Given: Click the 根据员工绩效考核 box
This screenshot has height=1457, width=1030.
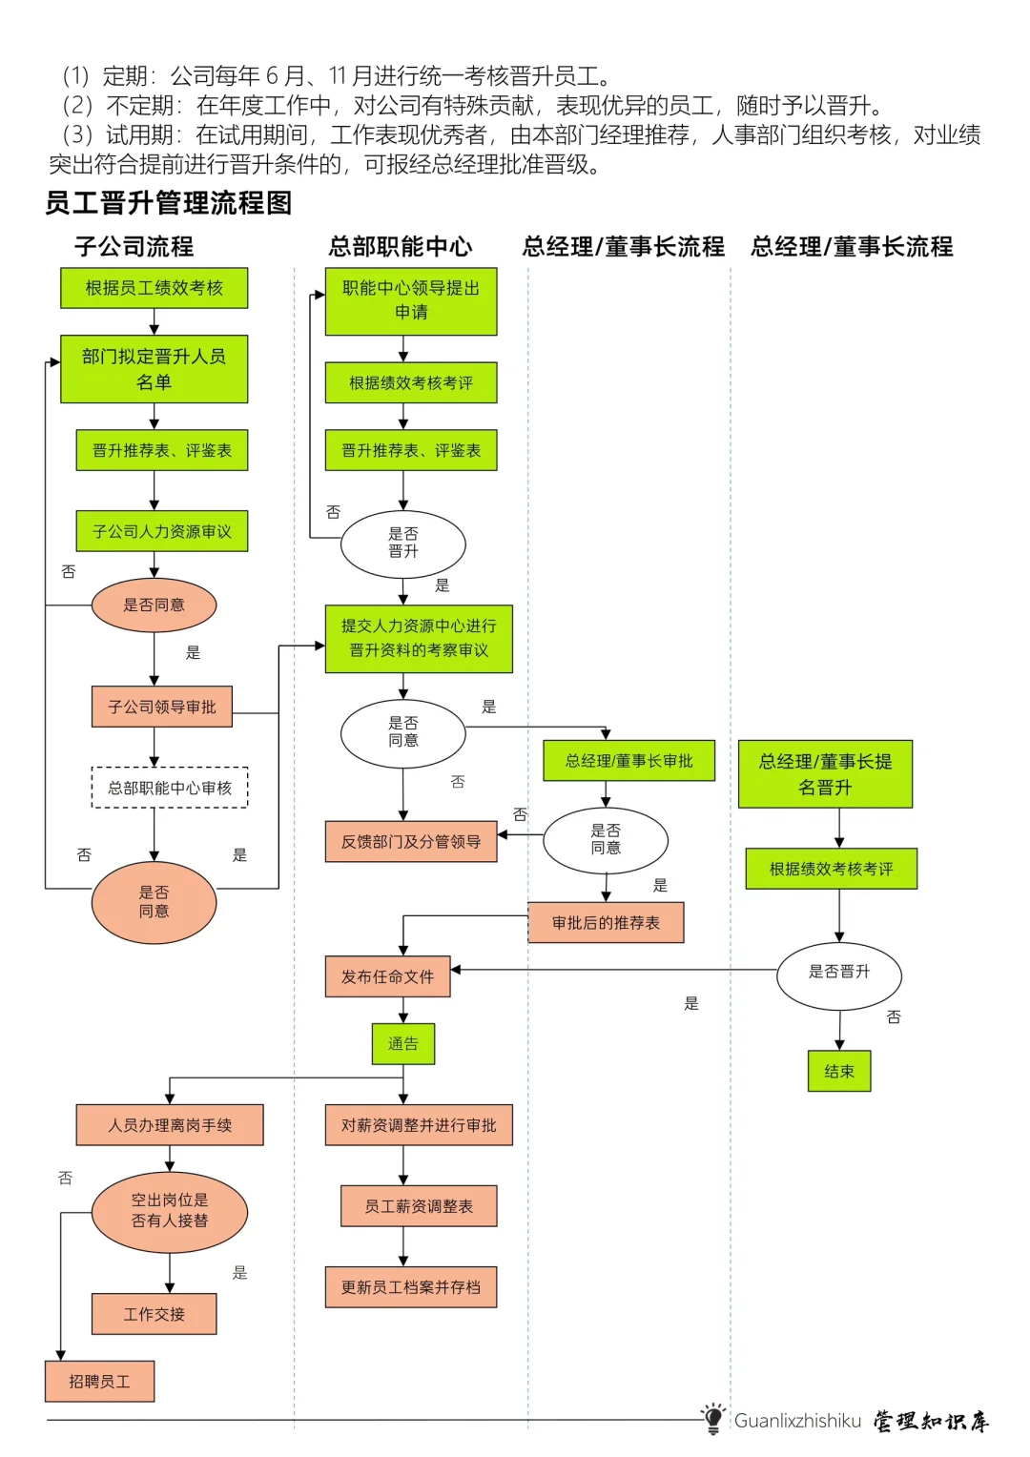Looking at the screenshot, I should click(x=154, y=288).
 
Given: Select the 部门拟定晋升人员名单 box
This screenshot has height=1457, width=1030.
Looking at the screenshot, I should click(x=154, y=369).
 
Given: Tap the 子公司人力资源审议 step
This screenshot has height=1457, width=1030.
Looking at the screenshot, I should click(x=162, y=531).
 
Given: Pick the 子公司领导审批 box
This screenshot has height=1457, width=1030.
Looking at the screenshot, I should click(x=162, y=707).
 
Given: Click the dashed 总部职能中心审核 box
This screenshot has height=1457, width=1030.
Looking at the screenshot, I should click(x=170, y=788).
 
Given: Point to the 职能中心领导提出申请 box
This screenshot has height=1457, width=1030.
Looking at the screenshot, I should click(x=411, y=300).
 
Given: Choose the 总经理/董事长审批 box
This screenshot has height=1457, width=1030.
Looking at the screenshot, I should click(x=628, y=761).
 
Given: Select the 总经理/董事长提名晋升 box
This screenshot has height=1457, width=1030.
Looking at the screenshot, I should click(x=825, y=774).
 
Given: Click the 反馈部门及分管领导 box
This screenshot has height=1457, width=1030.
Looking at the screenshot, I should click(x=411, y=841).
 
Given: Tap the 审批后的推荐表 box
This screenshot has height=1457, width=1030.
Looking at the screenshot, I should click(x=606, y=923).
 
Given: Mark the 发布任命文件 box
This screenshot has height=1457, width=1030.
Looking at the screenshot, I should click(x=387, y=976).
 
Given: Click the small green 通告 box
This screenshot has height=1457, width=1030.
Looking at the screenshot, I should click(x=402, y=1044).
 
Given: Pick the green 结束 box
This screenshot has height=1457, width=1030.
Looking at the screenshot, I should click(x=839, y=1072).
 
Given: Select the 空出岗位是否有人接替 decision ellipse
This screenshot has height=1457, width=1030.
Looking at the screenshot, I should click(x=170, y=1211).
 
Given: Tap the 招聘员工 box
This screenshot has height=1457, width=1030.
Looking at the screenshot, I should click(x=99, y=1382).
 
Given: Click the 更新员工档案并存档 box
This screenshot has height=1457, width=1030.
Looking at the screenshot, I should click(x=411, y=1287).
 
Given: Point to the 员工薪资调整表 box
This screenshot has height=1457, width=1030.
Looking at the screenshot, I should click(x=419, y=1206).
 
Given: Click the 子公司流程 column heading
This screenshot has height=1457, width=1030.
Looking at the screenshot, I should click(x=134, y=247).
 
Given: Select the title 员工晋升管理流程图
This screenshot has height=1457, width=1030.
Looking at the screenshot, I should click(x=169, y=203).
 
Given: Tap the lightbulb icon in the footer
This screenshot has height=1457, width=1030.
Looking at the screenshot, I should click(x=712, y=1418).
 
